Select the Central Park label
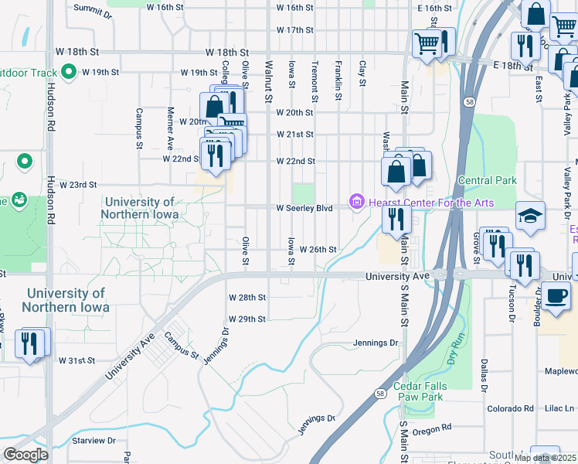click(486, 181)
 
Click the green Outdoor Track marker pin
click(68, 73)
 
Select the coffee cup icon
click(556, 296)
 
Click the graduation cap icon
click(531, 215)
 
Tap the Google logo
click(25, 455)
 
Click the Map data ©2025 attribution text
click(546, 458)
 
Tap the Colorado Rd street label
click(506, 408)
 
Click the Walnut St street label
click(269, 82)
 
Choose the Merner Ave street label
click(171, 134)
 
